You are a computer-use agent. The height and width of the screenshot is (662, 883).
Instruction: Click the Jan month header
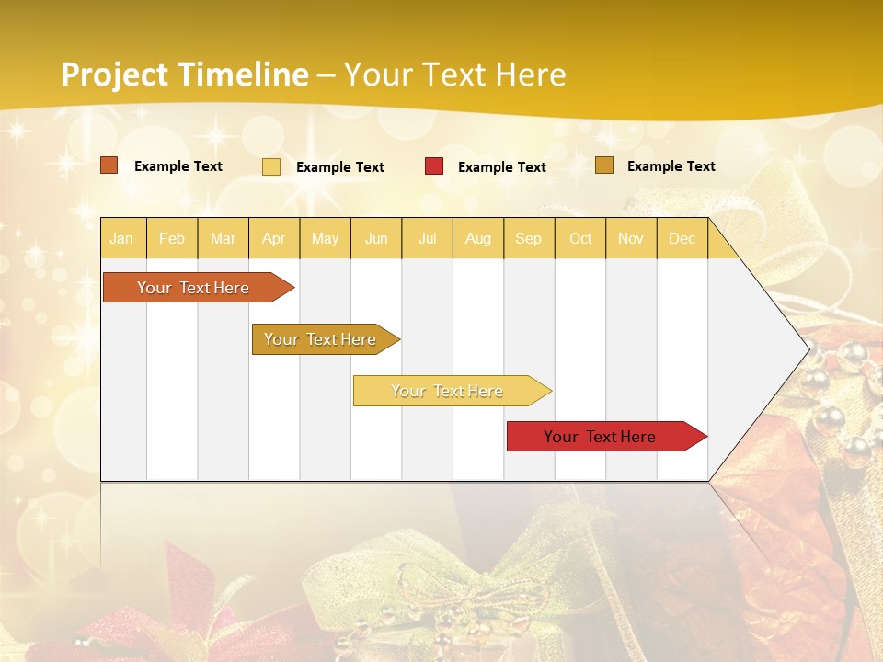click(x=122, y=238)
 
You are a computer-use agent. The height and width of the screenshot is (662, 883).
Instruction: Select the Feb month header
click(x=172, y=238)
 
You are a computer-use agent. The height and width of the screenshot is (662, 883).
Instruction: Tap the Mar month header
click(x=223, y=238)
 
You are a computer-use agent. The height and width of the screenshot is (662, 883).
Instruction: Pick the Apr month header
click(x=274, y=238)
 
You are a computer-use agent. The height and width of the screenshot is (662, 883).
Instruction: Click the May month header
click(x=325, y=238)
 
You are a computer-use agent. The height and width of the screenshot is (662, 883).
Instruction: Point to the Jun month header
click(x=376, y=238)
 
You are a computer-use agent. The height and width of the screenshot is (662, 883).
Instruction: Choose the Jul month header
click(x=427, y=238)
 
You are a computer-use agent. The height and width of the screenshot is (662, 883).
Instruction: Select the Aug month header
click(x=478, y=238)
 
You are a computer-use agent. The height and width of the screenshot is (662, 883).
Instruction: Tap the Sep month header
click(x=529, y=238)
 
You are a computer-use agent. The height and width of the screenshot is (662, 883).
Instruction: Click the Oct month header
click(x=580, y=238)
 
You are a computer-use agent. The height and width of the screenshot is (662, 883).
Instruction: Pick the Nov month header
click(x=631, y=238)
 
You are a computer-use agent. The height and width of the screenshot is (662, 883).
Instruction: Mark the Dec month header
click(x=682, y=238)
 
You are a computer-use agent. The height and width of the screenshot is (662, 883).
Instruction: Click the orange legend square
click(x=109, y=165)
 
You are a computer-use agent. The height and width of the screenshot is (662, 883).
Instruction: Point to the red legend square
click(x=434, y=166)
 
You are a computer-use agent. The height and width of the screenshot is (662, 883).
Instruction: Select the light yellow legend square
click(x=271, y=166)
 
